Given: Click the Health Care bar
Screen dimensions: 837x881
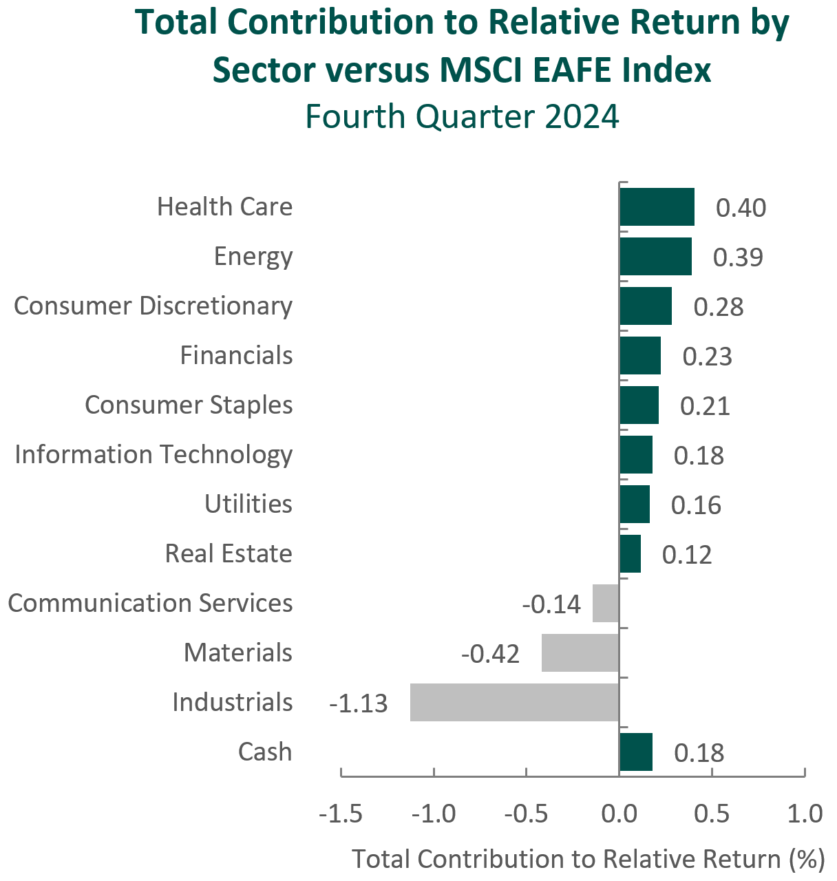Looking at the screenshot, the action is tap(657, 206).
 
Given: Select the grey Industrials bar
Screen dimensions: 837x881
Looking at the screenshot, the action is tap(515, 702).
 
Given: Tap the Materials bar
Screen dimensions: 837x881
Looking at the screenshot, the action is tap(580, 652).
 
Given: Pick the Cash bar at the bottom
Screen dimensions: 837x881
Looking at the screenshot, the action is tap(636, 752).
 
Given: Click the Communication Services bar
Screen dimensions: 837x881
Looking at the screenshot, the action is tap(606, 603).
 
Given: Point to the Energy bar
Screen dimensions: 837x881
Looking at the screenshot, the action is tap(656, 256).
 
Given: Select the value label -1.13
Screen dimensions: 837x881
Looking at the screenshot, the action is tap(358, 703).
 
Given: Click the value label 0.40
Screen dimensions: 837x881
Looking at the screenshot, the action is tap(741, 208).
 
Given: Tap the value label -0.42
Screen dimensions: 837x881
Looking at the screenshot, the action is tap(490, 654).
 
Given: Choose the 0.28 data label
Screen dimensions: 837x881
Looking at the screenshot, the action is tap(718, 308).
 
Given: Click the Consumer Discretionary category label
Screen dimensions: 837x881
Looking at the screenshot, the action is tap(153, 306).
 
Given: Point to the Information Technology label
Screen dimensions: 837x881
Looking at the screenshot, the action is tap(153, 455).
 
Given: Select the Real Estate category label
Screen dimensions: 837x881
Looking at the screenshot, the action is tap(229, 553).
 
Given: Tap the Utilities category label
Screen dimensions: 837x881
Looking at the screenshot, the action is tap(248, 504).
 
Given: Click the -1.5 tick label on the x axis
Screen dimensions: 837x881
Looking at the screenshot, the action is tap(341, 814).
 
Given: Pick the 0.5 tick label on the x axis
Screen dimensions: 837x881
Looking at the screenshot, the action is tap(712, 814).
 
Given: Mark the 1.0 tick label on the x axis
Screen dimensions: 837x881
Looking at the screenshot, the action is tap(805, 814).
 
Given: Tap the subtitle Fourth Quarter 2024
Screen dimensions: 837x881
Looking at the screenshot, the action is tap(463, 116).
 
